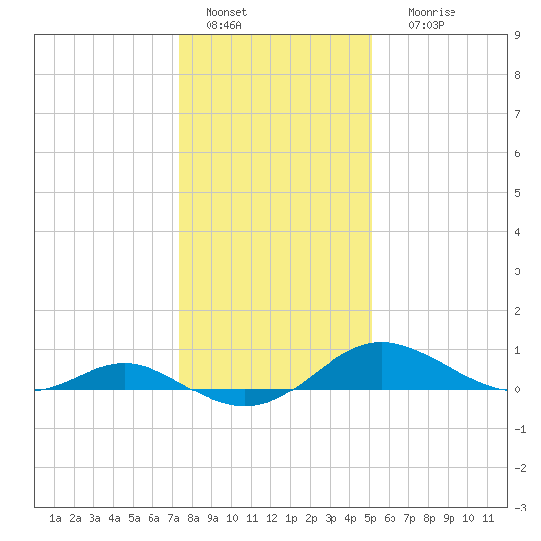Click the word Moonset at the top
226,12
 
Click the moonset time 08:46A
223,25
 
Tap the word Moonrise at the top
432,12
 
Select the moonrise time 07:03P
426,25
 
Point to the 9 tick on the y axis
517,35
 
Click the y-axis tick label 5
517,193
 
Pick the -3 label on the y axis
520,508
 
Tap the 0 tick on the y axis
517,390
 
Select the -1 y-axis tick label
520,429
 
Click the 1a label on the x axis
55,518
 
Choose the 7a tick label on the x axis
173,518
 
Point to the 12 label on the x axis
271,518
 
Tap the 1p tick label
291,518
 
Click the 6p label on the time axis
390,518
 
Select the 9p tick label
449,518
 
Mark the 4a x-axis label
114,518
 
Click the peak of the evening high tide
382,342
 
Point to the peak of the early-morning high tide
125,363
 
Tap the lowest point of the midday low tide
245,406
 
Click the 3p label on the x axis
331,518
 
